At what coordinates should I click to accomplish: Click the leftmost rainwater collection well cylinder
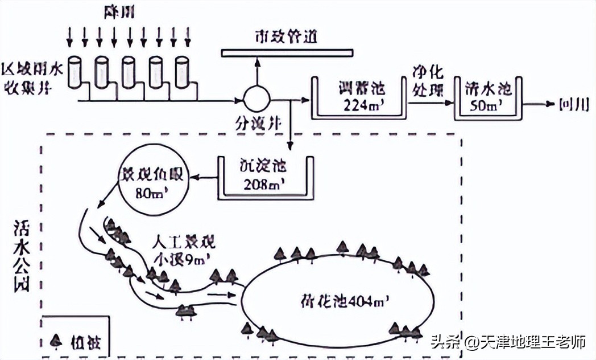coord(75,72)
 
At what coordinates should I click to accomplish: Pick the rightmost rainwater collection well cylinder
coord(182,72)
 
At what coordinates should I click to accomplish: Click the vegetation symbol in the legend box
coord(55,343)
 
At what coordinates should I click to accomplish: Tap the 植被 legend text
coord(81,343)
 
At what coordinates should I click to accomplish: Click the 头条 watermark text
coord(445,343)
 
